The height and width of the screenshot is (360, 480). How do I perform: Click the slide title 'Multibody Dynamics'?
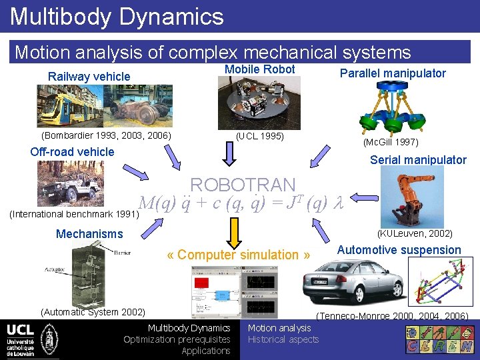tap(117, 16)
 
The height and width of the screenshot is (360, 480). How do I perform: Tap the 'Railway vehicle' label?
tap(89, 76)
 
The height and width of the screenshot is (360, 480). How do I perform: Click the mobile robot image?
tap(259, 103)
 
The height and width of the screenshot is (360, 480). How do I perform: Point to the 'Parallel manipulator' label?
tap(393, 73)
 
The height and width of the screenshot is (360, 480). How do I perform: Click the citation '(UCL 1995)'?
tap(260, 137)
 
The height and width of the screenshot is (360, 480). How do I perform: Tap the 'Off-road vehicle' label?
tap(72, 151)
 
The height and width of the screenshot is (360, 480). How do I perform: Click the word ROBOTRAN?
tap(243, 185)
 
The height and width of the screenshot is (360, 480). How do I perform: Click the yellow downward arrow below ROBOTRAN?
tap(233, 231)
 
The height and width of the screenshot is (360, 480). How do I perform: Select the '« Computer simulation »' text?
tap(238, 255)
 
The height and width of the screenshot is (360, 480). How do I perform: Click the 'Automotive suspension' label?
tap(399, 250)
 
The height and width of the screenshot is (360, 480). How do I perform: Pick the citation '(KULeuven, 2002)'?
tap(415, 233)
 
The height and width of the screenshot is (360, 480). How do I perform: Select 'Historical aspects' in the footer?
tap(283, 339)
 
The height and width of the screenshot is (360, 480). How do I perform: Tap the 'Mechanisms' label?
tap(89, 233)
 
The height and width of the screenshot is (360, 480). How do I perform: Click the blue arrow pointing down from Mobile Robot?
tap(229, 155)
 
